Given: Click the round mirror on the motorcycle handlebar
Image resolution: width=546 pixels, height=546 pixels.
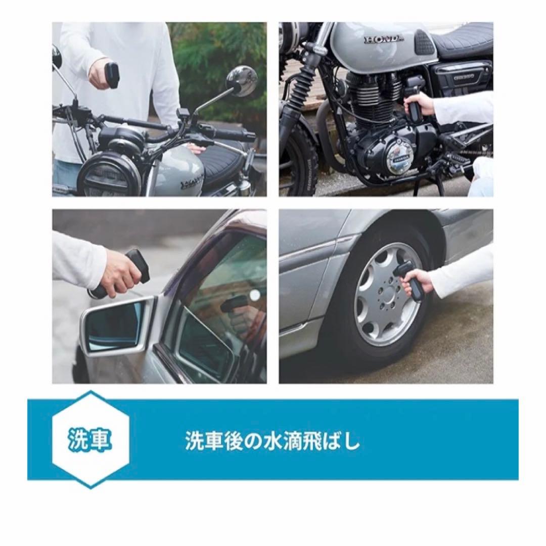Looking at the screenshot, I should [241, 81].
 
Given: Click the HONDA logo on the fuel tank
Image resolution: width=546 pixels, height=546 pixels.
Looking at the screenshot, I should [384, 39].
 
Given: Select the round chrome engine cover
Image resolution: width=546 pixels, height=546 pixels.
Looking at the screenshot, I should [399, 157].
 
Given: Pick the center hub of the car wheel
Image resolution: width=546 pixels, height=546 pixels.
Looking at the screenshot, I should [386, 294].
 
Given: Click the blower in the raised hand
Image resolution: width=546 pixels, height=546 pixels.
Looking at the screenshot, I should [112, 74].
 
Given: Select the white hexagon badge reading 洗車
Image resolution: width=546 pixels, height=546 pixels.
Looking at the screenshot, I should [90, 439].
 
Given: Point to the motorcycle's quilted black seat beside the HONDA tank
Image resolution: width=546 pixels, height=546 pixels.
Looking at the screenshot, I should [463, 40].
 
